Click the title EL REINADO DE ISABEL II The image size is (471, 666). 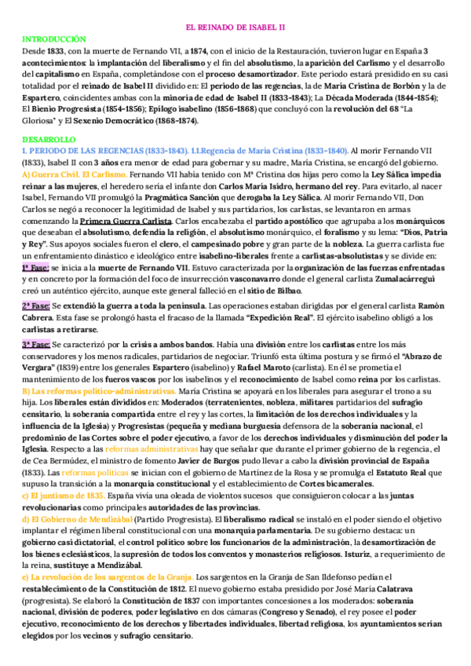coord(235,27)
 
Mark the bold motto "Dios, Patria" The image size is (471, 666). coord(420,234)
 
